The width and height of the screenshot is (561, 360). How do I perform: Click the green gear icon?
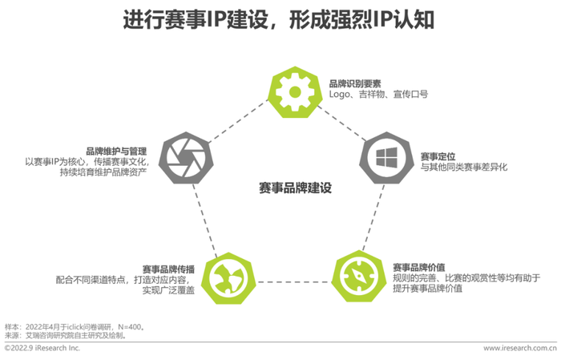click(x=295, y=92)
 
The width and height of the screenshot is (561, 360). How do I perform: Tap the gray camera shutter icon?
click(x=186, y=158)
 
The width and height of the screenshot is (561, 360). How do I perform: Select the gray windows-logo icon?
click(x=386, y=158)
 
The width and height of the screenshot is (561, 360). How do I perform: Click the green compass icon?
click(x=358, y=277)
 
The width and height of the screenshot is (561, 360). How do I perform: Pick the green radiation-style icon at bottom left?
click(x=228, y=278)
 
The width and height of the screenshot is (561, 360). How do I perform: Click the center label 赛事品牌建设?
click(x=295, y=188)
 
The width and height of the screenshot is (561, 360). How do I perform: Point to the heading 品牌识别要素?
click(x=355, y=83)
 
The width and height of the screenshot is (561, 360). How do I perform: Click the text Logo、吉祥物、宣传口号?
click(x=378, y=94)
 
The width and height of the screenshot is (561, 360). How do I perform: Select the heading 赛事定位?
click(x=438, y=156)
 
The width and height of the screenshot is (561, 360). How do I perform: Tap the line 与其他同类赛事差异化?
click(x=464, y=167)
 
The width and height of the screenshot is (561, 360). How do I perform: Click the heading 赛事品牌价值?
click(x=418, y=267)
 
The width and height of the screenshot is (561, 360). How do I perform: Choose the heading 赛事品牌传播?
click(x=168, y=269)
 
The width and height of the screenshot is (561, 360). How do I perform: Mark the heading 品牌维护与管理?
click(x=116, y=151)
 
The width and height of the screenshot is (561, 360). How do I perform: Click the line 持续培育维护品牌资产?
click(x=103, y=172)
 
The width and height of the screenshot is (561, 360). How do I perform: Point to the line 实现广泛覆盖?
click(x=168, y=290)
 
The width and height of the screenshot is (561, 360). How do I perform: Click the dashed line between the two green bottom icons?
click(x=293, y=282)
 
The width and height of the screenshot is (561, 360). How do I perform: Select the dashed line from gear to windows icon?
click(x=342, y=123)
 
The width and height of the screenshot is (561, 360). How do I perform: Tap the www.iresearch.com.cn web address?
click(x=520, y=348)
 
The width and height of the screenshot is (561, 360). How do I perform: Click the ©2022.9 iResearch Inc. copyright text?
click(x=42, y=348)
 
